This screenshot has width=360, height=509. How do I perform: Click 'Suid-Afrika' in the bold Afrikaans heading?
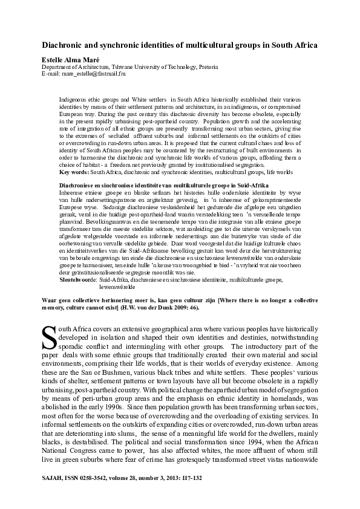coord(252,184)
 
